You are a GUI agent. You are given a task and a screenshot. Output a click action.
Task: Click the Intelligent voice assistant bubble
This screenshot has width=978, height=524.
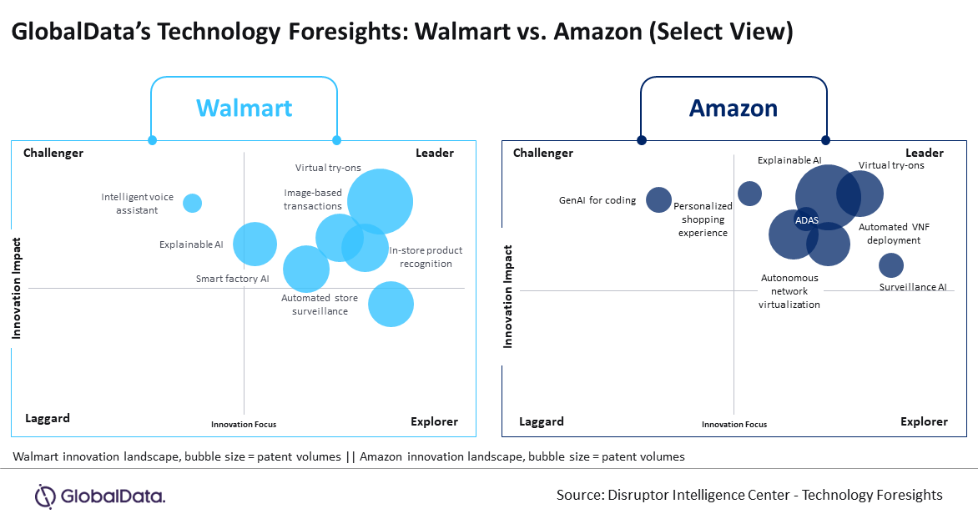click(192, 203)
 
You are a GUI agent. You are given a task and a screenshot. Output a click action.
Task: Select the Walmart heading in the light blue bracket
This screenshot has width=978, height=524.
click(244, 108)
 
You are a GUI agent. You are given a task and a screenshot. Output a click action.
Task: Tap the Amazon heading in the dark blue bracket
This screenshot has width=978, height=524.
click(733, 108)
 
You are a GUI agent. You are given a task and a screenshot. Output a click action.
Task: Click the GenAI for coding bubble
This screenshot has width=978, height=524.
click(658, 199)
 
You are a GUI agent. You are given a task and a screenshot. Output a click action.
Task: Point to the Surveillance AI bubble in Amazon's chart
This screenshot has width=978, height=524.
click(891, 265)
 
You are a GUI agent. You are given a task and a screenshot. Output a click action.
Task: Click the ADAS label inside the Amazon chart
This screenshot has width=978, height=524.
click(806, 220)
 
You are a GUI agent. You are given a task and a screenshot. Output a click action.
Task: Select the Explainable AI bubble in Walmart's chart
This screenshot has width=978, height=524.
click(255, 244)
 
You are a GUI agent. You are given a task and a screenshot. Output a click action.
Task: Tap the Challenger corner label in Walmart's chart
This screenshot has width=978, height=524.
click(53, 153)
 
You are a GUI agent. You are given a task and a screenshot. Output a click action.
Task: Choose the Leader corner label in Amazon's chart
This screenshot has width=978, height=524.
click(925, 153)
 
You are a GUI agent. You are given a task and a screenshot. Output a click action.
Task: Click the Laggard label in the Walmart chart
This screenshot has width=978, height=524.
click(48, 418)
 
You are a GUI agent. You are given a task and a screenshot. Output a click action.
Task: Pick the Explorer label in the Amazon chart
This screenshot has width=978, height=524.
click(924, 421)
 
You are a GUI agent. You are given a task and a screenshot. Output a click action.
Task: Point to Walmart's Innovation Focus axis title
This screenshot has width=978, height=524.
click(244, 424)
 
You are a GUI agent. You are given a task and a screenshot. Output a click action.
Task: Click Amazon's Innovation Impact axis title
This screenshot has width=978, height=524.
click(507, 296)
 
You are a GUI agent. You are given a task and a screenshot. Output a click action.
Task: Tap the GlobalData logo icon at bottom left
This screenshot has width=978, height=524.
click(45, 496)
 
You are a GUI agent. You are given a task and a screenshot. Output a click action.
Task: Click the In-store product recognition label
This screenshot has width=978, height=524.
click(426, 257)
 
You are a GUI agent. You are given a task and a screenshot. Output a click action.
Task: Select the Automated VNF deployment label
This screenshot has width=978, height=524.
click(894, 234)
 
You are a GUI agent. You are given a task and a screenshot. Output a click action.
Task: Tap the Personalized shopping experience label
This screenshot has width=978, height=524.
click(703, 219)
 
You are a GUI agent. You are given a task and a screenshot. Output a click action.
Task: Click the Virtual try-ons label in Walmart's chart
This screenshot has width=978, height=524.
click(328, 168)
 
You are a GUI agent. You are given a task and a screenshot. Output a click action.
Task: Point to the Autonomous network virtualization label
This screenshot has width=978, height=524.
click(789, 291)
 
